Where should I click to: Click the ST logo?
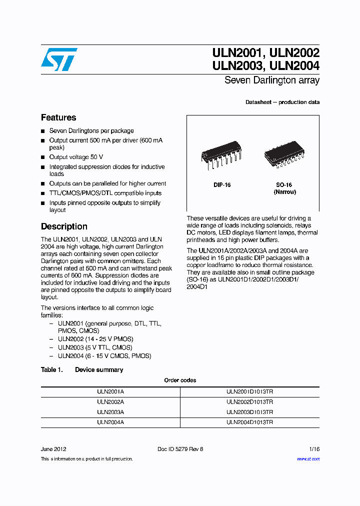(x=59, y=59)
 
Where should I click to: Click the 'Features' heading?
(x=58, y=118)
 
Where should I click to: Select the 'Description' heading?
(x=64, y=226)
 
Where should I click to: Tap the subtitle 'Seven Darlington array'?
(x=271, y=80)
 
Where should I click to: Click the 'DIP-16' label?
(x=222, y=185)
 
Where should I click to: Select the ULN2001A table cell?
(x=110, y=392)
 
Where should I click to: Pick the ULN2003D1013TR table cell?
(x=249, y=412)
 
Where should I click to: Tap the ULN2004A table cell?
(x=110, y=422)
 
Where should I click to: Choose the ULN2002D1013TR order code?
(x=249, y=402)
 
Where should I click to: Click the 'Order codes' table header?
(x=180, y=380)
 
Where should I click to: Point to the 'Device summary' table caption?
(x=98, y=370)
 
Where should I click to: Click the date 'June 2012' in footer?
(x=53, y=449)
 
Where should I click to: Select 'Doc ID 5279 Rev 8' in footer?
(x=180, y=449)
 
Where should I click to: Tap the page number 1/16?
(x=313, y=449)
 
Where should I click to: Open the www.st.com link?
(x=308, y=459)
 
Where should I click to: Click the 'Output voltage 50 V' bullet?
(x=76, y=157)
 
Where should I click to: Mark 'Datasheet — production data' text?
(x=282, y=102)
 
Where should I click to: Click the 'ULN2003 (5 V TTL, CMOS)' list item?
(x=95, y=347)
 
